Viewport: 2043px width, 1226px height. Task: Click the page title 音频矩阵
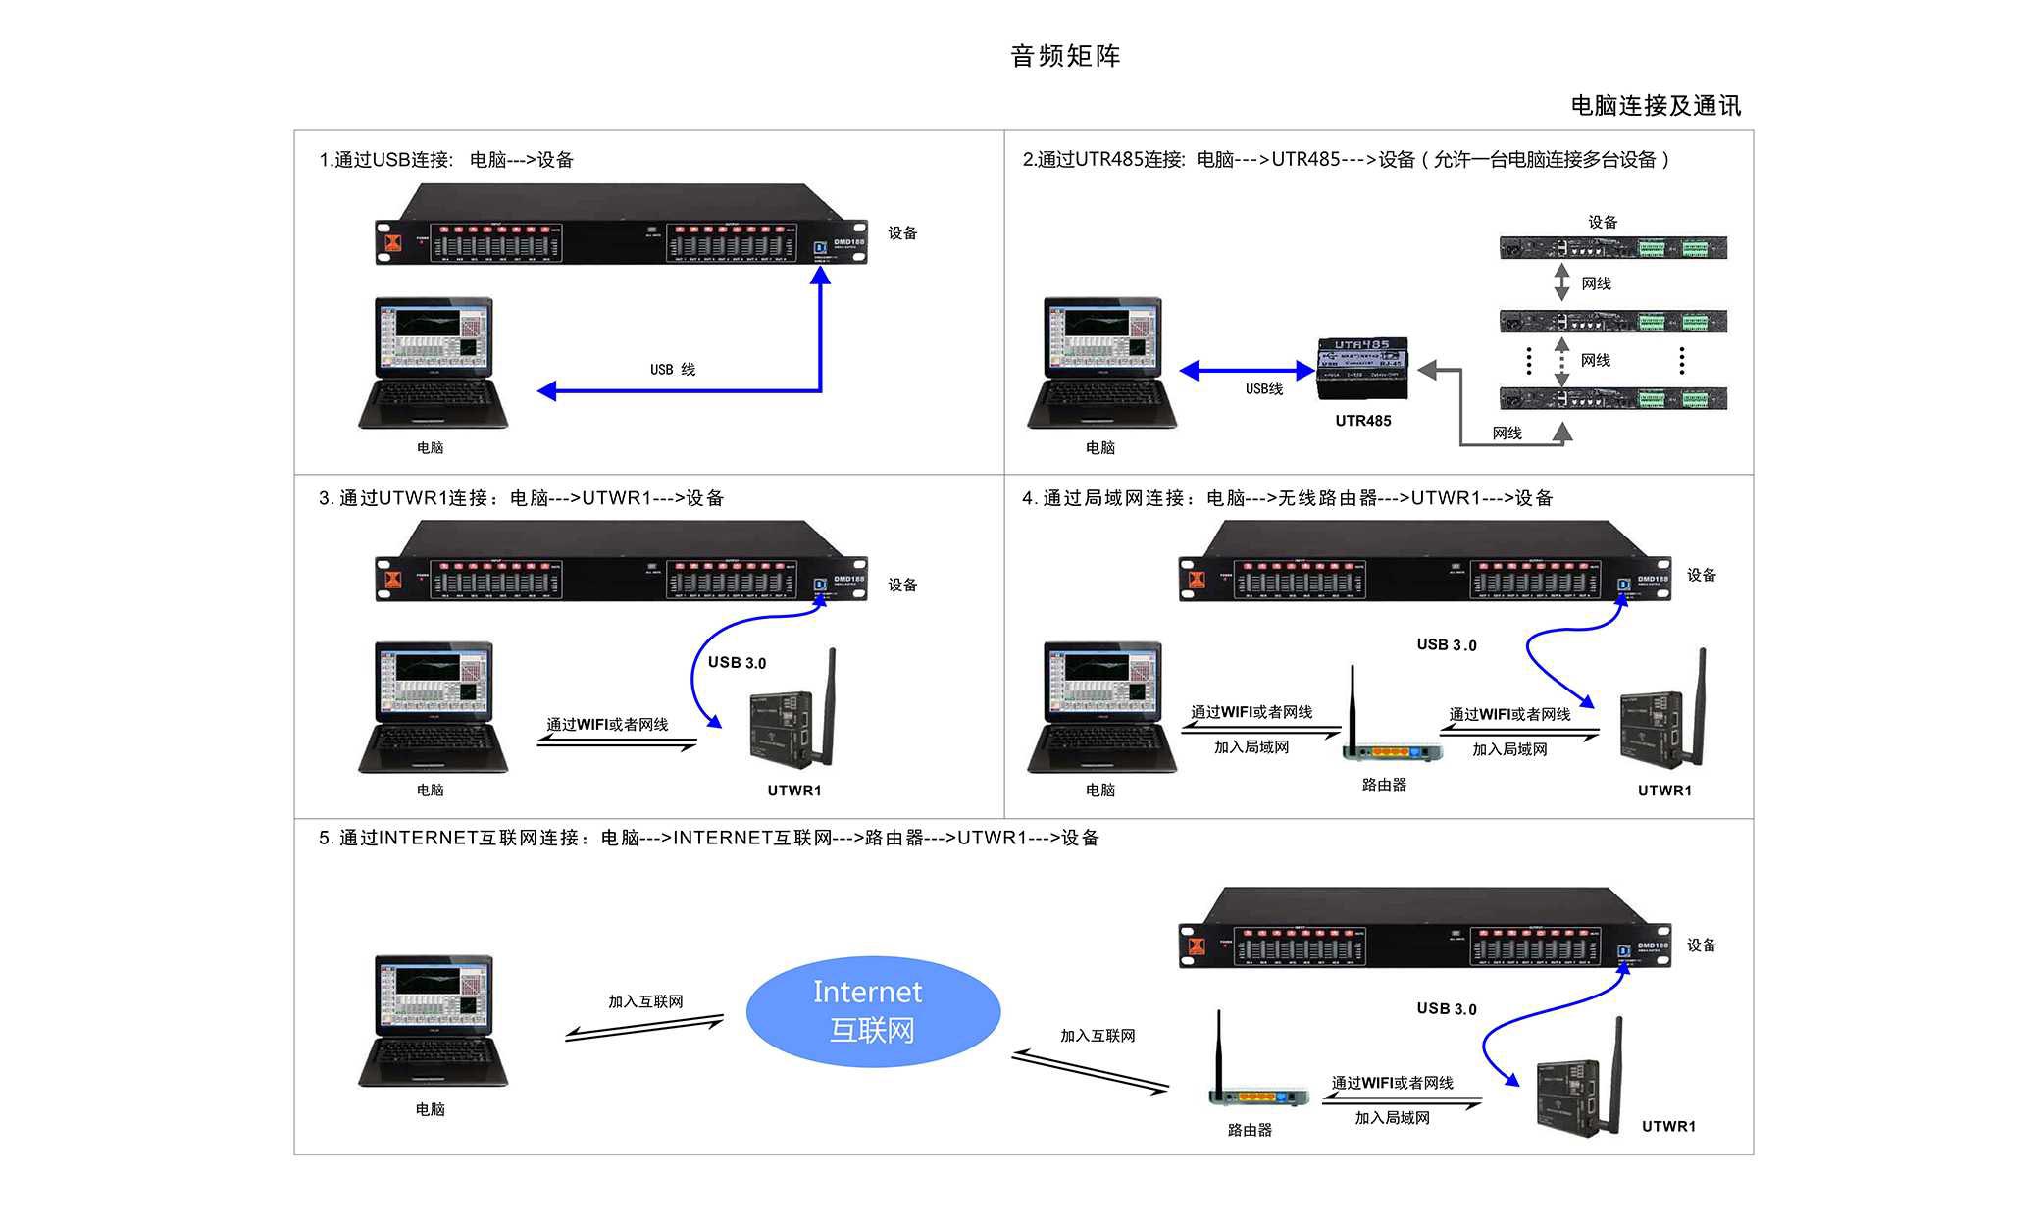click(1065, 56)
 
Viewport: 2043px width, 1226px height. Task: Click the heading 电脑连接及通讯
click(1656, 106)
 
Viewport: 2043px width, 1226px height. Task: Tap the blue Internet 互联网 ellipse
click(872, 1011)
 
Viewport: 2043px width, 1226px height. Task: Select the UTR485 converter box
click(1362, 369)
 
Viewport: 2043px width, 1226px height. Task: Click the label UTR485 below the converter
click(1362, 421)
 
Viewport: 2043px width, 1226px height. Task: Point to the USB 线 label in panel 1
click(672, 369)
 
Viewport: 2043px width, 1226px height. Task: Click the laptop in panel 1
click(433, 363)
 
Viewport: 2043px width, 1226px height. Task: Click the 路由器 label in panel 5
click(1250, 1130)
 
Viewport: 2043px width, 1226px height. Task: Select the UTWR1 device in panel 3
click(790, 721)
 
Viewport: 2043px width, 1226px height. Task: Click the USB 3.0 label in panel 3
click(737, 663)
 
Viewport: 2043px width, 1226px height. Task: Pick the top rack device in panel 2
click(1612, 247)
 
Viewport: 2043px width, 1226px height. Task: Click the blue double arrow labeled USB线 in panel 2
click(1247, 371)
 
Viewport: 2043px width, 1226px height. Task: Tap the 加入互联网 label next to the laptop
click(645, 1001)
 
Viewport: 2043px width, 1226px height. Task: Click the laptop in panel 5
click(433, 1020)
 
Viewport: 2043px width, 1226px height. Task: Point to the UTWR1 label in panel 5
click(1668, 1126)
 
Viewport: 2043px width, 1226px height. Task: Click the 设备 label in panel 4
click(1701, 575)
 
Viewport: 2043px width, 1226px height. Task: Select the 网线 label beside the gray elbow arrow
click(1507, 433)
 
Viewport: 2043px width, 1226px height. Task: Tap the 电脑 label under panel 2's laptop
click(1099, 447)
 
